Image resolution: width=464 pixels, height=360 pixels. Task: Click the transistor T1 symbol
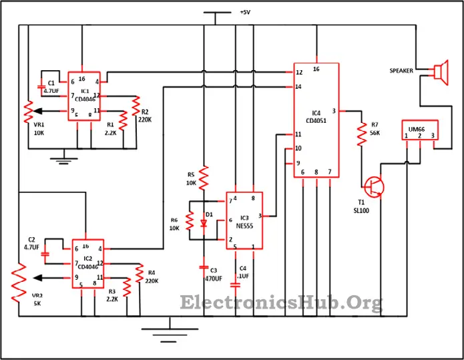coord(375,186)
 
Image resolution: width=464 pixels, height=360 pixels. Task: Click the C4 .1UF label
coord(244,273)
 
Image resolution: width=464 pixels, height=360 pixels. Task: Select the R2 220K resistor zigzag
coord(136,105)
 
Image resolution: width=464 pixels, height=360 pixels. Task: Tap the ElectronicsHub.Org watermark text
coord(281,304)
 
